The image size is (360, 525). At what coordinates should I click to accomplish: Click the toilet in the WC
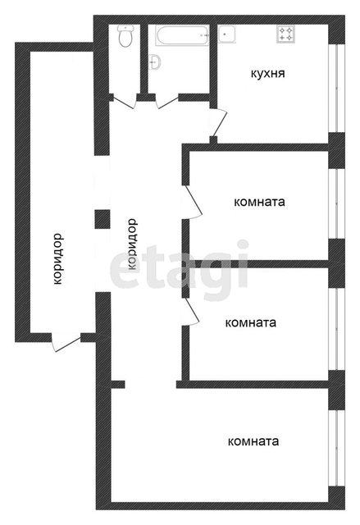click(x=125, y=36)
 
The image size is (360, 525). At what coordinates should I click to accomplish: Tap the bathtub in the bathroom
click(x=182, y=35)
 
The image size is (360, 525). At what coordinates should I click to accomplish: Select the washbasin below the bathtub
click(x=155, y=62)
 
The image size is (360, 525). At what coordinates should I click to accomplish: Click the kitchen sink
click(x=227, y=34)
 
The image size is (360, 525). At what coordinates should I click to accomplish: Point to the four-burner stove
click(x=286, y=34)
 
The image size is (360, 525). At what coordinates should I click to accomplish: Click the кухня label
click(x=268, y=74)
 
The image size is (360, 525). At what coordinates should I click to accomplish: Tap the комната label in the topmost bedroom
click(x=259, y=203)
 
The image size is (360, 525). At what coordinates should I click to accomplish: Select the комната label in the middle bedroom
click(x=251, y=322)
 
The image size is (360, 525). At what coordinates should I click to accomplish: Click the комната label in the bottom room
click(x=253, y=441)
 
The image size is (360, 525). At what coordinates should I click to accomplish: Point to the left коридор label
click(x=58, y=259)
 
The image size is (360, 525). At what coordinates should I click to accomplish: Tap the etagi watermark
click(x=180, y=264)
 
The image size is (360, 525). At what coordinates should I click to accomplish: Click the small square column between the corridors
click(x=103, y=219)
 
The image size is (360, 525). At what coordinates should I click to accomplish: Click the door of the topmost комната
click(x=192, y=202)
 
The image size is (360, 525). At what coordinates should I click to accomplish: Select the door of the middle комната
click(x=191, y=312)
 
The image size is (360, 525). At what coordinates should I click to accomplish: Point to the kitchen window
click(x=336, y=89)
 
